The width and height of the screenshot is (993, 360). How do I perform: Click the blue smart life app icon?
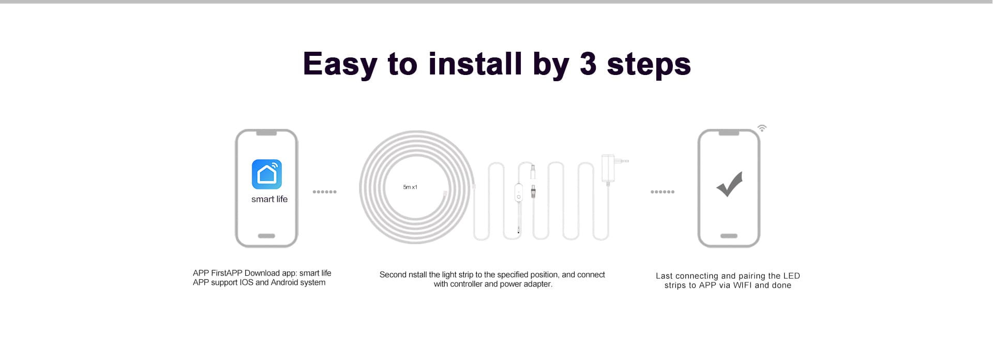point(267,174)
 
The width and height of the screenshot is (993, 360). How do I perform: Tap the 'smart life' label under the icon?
point(269,199)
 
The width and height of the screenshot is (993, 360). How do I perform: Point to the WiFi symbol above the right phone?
point(762,128)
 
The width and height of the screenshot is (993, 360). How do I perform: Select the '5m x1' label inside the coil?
point(410,187)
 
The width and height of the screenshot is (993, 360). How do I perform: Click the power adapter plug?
point(609,168)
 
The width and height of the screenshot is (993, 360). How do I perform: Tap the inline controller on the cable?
point(518,194)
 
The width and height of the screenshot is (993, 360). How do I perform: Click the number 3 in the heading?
point(588,64)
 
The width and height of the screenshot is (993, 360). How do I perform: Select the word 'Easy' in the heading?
point(340,64)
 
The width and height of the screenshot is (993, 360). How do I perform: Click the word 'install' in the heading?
point(475,64)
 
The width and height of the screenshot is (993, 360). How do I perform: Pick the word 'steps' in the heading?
point(649,64)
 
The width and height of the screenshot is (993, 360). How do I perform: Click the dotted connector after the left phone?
point(324,192)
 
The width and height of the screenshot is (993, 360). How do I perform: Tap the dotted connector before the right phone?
point(662,192)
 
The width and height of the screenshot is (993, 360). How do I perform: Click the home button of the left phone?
point(266,236)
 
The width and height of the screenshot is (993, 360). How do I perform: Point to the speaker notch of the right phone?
point(729,133)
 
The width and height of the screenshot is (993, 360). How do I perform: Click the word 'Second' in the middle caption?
point(393,275)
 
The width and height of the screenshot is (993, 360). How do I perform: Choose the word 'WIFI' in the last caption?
point(743,286)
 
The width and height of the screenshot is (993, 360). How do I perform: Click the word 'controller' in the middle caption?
point(466,284)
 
